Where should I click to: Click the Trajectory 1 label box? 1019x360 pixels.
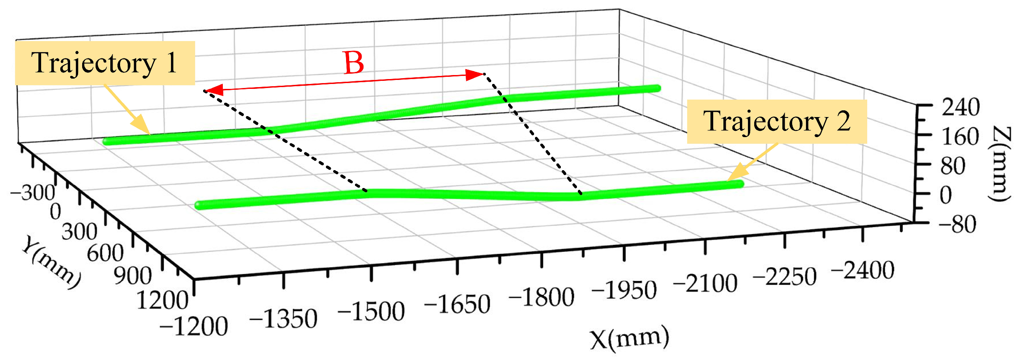click(105, 63)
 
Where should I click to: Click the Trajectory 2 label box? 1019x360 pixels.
click(777, 121)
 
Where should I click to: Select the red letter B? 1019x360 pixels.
click(354, 63)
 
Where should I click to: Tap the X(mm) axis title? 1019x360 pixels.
click(630, 339)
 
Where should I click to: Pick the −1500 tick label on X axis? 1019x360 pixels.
click(371, 311)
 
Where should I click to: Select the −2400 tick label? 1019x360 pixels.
click(862, 271)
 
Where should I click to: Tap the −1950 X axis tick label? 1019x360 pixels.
click(624, 291)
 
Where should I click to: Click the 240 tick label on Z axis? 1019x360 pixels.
click(961, 107)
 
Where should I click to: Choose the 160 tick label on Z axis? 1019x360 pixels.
click(961, 137)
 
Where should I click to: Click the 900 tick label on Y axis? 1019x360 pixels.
click(133, 276)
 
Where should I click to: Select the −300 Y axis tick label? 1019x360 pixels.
click(33, 193)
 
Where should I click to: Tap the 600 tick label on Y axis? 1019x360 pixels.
click(105, 253)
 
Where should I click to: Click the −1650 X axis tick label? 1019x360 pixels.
click(457, 305)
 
